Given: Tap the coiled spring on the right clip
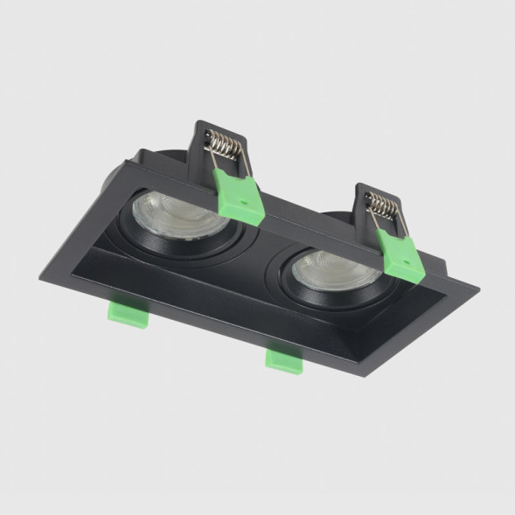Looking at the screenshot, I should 381,207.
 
